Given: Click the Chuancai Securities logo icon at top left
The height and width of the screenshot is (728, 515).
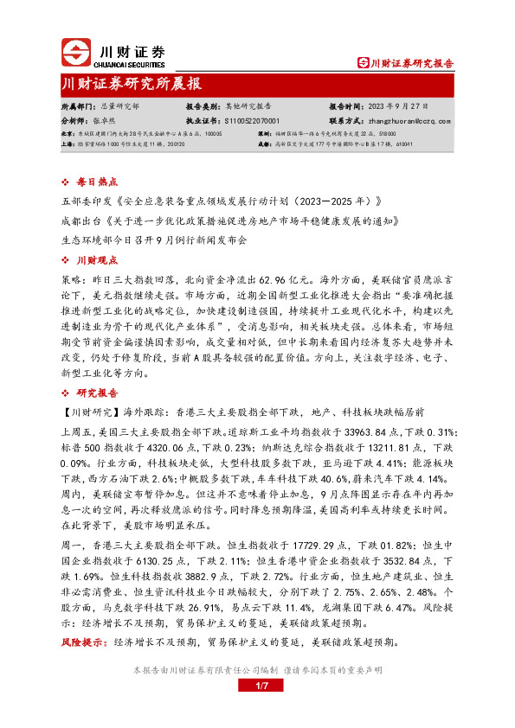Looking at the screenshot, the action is coord(74,53).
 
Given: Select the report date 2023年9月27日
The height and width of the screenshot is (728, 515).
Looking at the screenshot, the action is coord(402,106).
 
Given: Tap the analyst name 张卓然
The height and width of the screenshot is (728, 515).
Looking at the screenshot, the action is coord(106,122).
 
